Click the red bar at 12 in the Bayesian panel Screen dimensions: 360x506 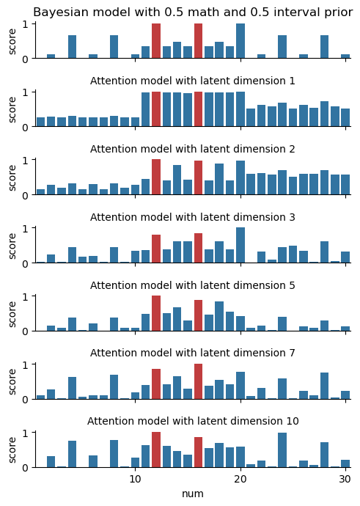point(156,40)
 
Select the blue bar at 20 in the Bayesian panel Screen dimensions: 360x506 point(240,40)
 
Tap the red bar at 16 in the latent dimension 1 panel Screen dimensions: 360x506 point(199,109)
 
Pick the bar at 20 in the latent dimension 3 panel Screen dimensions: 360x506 point(240,245)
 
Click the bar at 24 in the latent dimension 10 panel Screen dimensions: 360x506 point(282,450)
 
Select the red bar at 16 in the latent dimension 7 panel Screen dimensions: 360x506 point(199,381)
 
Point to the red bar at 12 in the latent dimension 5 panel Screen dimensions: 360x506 point(156,313)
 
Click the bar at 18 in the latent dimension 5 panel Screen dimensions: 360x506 point(219,316)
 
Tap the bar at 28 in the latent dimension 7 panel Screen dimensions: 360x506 point(325,386)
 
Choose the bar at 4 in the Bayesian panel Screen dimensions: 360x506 point(73,47)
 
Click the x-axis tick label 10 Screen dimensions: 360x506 point(135,479)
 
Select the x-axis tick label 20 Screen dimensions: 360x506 point(240,479)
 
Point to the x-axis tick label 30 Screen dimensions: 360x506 point(345,479)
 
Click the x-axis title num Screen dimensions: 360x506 point(193,494)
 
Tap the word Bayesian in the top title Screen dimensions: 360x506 point(54,12)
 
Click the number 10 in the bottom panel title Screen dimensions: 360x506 point(293,421)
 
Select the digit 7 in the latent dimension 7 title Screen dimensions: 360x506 point(292,353)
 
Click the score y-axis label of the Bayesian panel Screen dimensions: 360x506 point(12,42)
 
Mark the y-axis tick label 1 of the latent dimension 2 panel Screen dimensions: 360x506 point(24,160)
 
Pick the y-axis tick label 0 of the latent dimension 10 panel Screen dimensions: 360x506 point(24,468)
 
